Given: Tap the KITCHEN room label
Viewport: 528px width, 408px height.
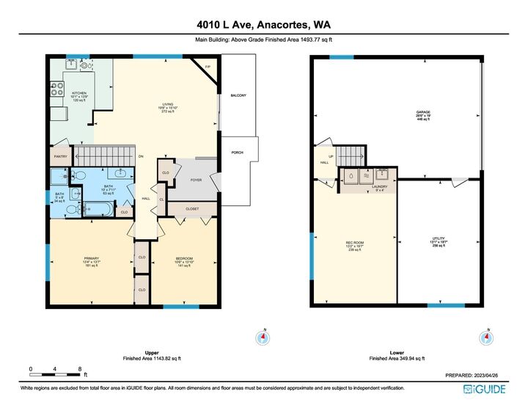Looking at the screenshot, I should pyautogui.click(x=78, y=94).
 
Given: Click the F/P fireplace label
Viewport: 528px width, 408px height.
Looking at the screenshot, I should pyautogui.click(x=208, y=67).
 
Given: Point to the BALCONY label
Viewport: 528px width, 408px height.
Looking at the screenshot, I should pyautogui.click(x=238, y=95).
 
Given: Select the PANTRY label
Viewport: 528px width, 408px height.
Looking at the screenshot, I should pyautogui.click(x=61, y=156).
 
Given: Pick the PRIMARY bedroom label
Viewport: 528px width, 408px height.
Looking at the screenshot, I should pyautogui.click(x=91, y=258).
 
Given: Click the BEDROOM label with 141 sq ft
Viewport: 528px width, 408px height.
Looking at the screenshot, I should pyautogui.click(x=183, y=258).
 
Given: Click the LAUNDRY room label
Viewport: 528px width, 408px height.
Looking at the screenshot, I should pyautogui.click(x=379, y=186).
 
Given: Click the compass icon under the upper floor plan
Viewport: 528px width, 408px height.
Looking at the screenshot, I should pyautogui.click(x=263, y=338).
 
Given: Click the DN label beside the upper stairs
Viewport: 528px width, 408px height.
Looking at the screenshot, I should pyautogui.click(x=141, y=156).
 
